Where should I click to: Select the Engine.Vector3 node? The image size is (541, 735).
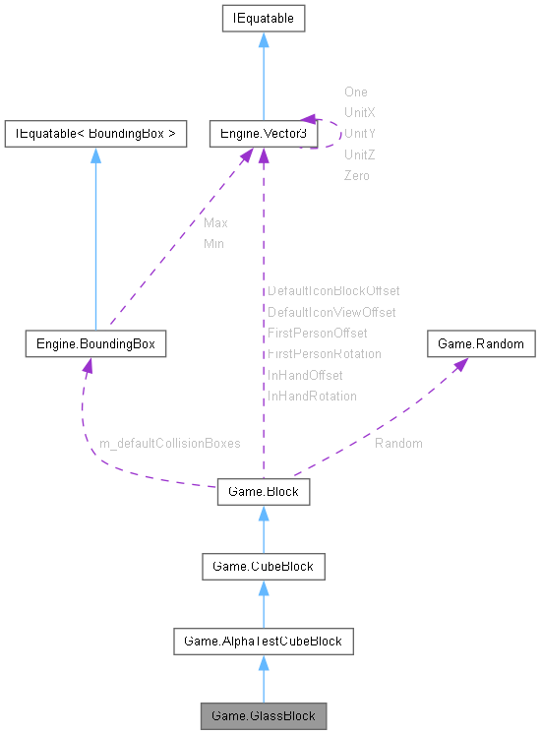263,134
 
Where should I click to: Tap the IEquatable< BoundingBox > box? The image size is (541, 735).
95,134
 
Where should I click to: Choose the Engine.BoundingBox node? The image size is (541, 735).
95,344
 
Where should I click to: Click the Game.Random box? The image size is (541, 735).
481,344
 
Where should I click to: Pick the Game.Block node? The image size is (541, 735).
263,490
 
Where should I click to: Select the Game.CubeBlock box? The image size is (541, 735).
263,566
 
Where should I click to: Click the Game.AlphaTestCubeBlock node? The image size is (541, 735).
263,642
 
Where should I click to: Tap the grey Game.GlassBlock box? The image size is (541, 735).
263,715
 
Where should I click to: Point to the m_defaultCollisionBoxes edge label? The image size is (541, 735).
169,444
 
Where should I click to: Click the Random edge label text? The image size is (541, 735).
398,444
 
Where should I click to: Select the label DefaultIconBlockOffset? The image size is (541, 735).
333,291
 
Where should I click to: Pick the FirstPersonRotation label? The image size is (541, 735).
325,354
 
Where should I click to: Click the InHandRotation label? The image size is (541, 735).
312,397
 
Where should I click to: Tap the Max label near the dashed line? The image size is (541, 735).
215,223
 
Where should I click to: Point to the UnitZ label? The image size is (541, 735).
359,154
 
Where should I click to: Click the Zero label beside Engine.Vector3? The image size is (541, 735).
357,175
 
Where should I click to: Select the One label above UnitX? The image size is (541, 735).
355,92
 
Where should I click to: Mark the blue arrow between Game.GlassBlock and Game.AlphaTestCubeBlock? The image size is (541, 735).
263,679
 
